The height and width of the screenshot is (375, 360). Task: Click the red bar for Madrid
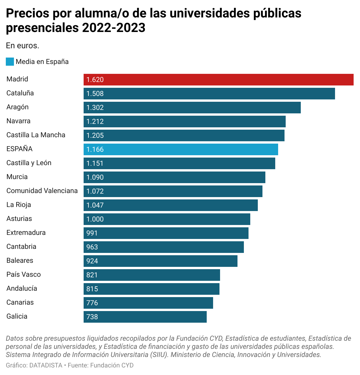pyautogui.click(x=218, y=80)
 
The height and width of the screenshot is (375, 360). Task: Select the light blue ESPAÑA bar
pyautogui.click(x=181, y=149)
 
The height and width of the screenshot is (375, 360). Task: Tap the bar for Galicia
pyautogui.click(x=145, y=317)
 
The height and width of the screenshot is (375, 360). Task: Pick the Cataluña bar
pyautogui.click(x=209, y=94)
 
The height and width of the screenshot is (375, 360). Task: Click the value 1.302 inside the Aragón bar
pyautogui.click(x=95, y=108)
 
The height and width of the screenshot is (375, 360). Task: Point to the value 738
pyautogui.click(x=92, y=317)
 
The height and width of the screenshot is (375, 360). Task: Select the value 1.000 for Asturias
pyautogui.click(x=95, y=219)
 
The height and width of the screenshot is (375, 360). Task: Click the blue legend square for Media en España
pyautogui.click(x=10, y=62)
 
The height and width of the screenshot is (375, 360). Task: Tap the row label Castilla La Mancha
pyautogui.click(x=36, y=135)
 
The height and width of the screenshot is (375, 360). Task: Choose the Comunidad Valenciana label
pyautogui.click(x=42, y=191)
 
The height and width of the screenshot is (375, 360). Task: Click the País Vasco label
pyautogui.click(x=24, y=274)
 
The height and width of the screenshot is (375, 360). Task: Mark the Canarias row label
pyautogui.click(x=20, y=302)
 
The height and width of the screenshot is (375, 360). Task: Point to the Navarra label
pyautogui.click(x=18, y=121)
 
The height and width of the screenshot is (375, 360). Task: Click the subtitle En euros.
pyautogui.click(x=22, y=46)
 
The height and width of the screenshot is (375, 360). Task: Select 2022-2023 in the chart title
pyautogui.click(x=114, y=28)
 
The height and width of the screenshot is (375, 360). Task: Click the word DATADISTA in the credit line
pyautogui.click(x=46, y=365)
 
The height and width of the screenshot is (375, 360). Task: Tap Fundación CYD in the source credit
pyautogui.click(x=112, y=365)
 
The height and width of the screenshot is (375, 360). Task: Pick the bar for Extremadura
pyautogui.click(x=166, y=233)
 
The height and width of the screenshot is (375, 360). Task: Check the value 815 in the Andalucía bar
pyautogui.click(x=92, y=289)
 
